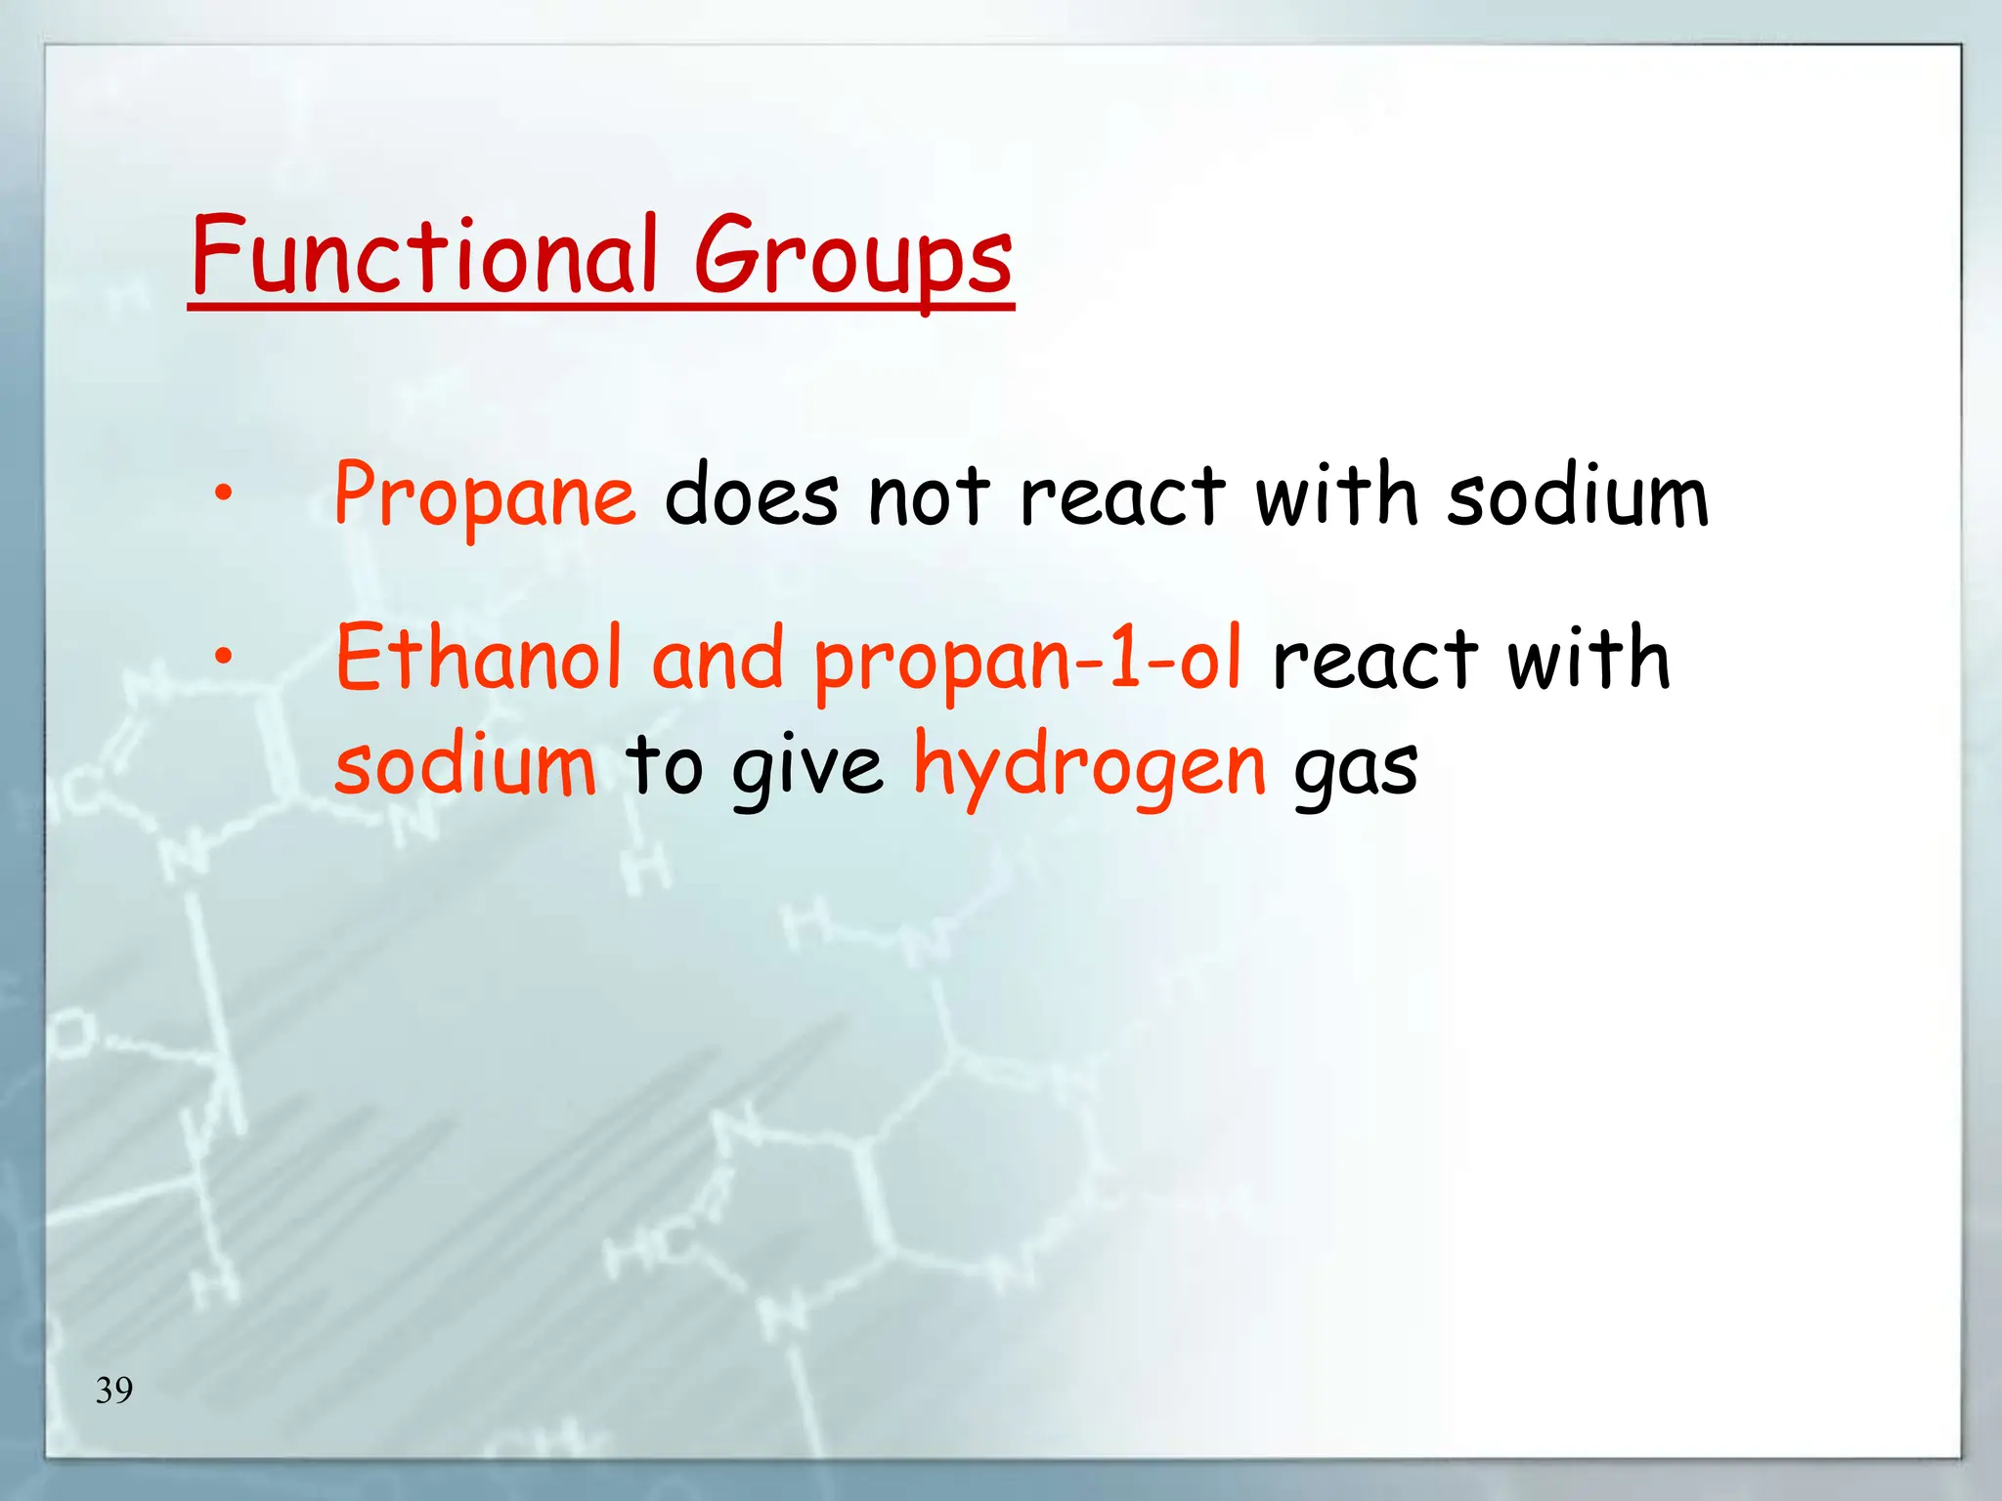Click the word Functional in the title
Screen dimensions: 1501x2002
point(423,256)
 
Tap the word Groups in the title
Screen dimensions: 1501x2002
point(853,259)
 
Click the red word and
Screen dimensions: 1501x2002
point(718,659)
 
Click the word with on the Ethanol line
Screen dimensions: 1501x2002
point(1588,659)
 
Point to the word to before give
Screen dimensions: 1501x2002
point(664,766)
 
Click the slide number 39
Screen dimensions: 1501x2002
point(114,1390)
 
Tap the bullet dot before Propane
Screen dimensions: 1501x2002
point(224,493)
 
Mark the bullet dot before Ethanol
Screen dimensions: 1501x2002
point(224,656)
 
